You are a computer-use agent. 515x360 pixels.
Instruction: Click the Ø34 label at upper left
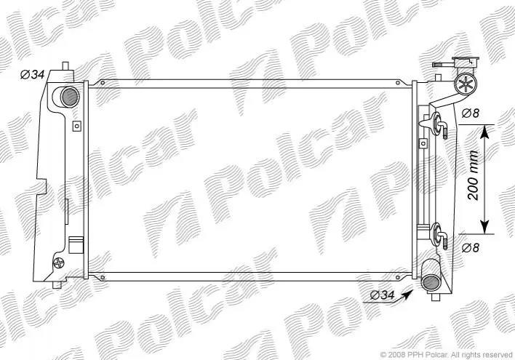32,75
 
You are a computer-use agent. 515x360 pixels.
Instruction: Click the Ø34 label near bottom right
382,295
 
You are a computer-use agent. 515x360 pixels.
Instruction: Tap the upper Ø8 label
471,113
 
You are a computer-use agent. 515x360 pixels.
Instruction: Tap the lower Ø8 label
471,248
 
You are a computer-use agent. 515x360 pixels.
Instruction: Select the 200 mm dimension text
473,175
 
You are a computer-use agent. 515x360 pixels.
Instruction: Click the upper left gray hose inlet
70,97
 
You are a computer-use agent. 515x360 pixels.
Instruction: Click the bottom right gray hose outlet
431,283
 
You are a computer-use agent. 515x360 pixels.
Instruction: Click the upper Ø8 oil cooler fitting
438,125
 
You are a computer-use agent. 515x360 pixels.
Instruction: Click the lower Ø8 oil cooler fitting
439,236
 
